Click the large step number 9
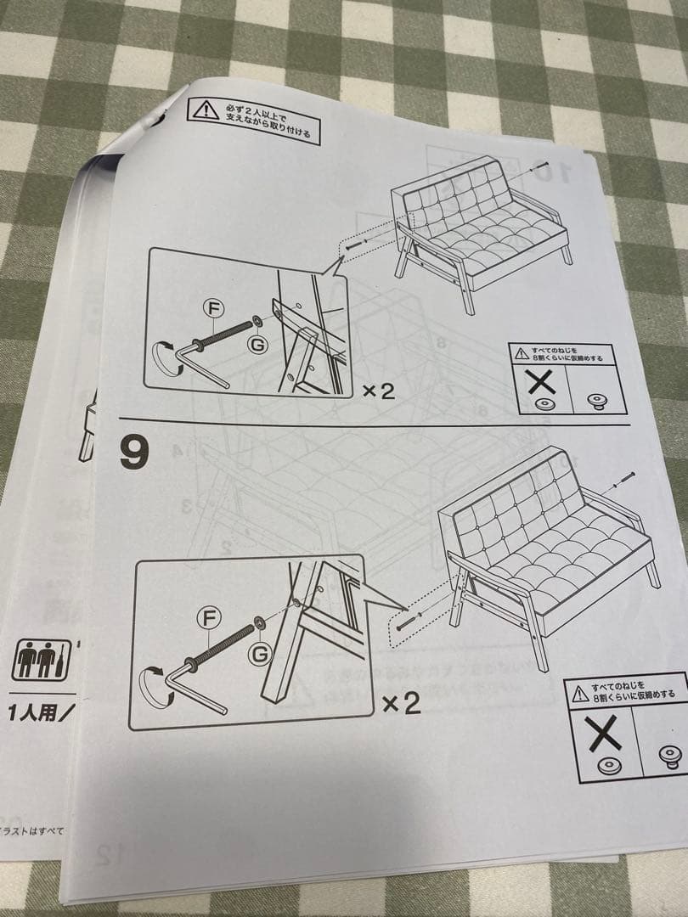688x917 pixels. click(x=134, y=453)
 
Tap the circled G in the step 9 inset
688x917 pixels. click(x=260, y=654)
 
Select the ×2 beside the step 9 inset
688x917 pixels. click(x=401, y=703)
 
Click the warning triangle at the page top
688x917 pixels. click(x=205, y=109)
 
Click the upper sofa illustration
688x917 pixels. click(x=480, y=229)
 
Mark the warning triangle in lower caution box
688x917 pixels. click(x=580, y=689)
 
